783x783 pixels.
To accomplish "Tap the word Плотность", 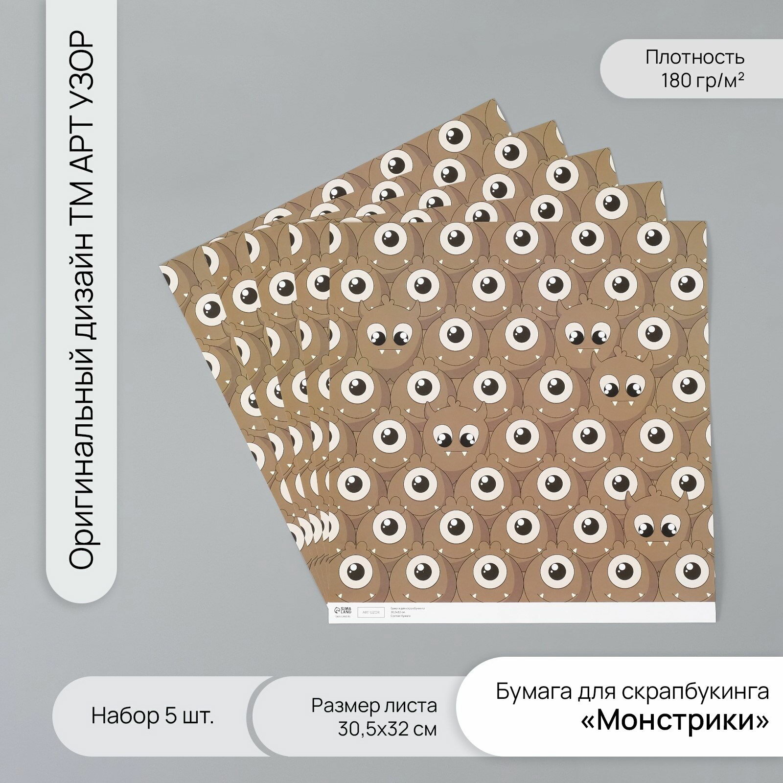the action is click(x=694, y=58).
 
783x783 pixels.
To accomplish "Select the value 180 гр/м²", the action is click(x=703, y=80).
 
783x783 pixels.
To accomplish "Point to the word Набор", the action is click(x=124, y=717).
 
